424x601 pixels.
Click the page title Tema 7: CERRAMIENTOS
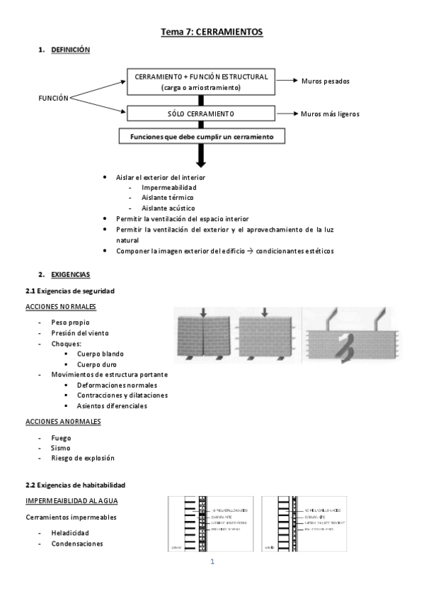212,32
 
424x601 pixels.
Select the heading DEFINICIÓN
70,50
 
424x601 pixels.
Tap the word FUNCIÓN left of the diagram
53,98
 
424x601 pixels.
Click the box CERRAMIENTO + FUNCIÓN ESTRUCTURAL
200,82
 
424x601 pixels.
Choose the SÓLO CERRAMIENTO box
200,113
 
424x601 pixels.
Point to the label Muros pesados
325,82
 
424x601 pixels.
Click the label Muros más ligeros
329,113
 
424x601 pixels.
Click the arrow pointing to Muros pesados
286,82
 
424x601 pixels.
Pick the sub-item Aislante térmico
167,198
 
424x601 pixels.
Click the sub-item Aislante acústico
168,208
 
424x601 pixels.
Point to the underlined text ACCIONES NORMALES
61,307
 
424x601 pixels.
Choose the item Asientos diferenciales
112,406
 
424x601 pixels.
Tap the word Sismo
60,448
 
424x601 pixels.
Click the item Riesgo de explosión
82,459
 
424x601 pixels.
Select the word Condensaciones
76,544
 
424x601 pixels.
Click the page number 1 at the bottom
212,562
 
